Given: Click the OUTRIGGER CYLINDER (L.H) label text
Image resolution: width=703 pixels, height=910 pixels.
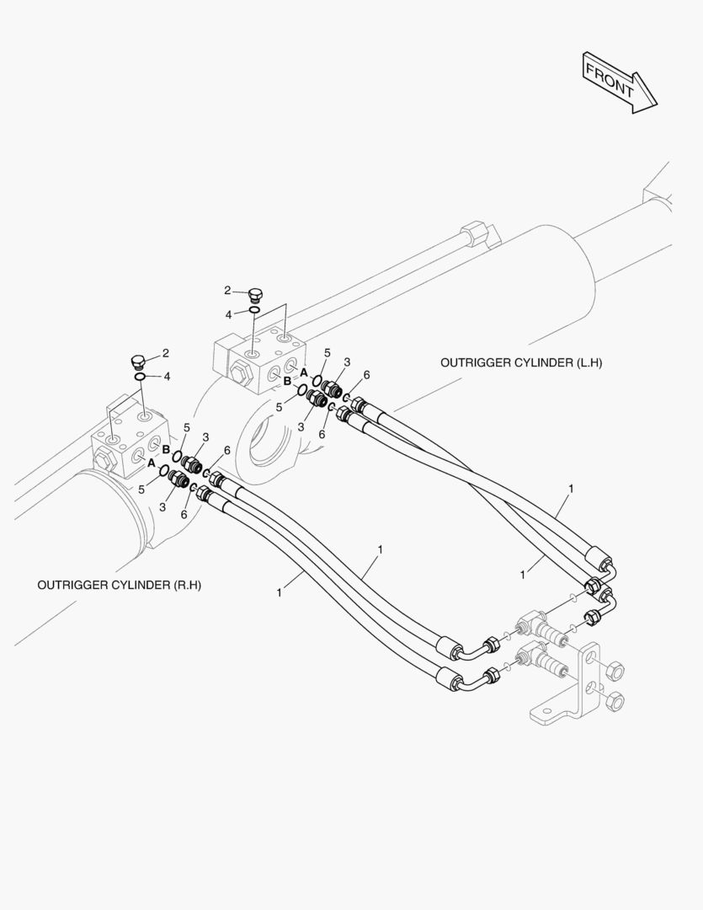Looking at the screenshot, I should (521, 362).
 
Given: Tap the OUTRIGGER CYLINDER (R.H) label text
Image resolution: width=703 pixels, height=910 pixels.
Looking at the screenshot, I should (120, 584).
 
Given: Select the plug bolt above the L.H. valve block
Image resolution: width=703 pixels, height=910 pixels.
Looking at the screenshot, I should (256, 294).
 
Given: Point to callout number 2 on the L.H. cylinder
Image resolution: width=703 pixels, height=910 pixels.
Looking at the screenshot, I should (227, 290).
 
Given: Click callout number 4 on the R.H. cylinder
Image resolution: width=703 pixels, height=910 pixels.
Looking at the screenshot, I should (167, 376).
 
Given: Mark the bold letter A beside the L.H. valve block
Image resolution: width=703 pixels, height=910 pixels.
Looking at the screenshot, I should (304, 372).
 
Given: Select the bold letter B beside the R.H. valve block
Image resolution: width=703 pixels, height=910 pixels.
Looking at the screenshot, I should (167, 449).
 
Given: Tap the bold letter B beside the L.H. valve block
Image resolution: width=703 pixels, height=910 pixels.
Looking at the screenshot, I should (287, 382).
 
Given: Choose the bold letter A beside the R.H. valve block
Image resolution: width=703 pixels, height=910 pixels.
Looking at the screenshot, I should (151, 463).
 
